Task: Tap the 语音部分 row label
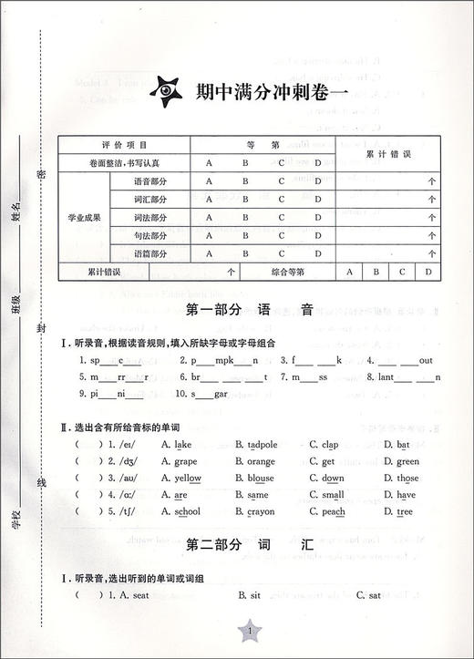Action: (x=151, y=181)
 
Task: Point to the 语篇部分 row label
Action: (x=151, y=253)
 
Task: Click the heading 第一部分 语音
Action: (x=249, y=309)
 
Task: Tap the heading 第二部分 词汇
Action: (x=249, y=545)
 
